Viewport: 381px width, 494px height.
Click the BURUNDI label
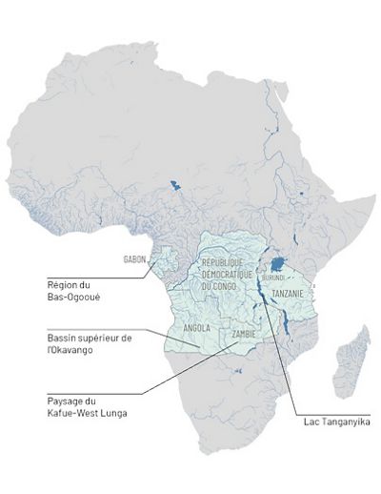pos(273,277)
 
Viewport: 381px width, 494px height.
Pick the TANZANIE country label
pos(287,294)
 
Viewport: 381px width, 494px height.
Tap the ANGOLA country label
pos(196,327)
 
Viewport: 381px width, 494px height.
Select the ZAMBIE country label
pos(244,335)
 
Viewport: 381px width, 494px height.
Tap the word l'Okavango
pos(70,351)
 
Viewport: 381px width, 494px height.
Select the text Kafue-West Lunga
pos(87,412)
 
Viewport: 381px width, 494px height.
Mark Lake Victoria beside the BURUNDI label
pos(277,263)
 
